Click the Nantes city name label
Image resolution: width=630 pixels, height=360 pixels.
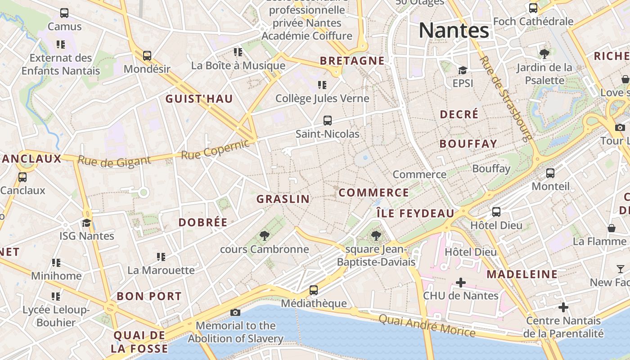pos(454,31)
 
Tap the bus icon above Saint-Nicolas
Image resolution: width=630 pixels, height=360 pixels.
pos(328,121)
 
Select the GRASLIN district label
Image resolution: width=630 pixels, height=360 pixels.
pos(283,199)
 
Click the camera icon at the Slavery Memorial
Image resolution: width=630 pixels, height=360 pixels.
pos(235,312)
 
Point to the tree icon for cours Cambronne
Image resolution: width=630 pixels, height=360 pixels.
pos(265,235)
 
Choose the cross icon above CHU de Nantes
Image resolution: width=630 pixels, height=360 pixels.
pos(461,283)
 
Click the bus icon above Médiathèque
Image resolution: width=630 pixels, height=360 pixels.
pos(314,290)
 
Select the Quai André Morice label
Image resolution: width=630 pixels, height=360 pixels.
pos(427,326)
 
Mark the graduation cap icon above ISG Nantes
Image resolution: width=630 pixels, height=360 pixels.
pos(86,223)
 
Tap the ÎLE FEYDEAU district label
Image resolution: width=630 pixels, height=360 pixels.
pos(415,213)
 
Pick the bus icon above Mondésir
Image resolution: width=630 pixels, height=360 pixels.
pos(147,56)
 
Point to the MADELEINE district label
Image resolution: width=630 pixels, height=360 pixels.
pos(522,274)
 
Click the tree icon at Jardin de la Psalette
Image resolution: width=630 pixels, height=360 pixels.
pos(544,54)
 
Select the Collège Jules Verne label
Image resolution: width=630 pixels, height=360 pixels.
pos(322,98)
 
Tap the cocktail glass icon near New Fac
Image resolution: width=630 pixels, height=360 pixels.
pos(621,269)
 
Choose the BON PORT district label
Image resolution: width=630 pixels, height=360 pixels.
pos(149,296)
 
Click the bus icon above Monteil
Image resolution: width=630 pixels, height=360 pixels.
pos(550,173)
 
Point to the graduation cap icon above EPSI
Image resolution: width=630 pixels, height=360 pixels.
pos(463,70)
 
